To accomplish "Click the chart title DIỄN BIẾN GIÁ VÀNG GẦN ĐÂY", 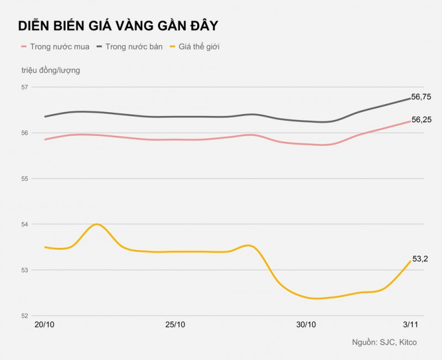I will pyautogui.click(x=118, y=26).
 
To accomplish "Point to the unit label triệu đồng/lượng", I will pyautogui.click(x=51, y=70).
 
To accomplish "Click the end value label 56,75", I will pyautogui.click(x=421, y=97).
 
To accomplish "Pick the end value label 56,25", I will pyautogui.click(x=421, y=119).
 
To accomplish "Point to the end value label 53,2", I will pyautogui.click(x=420, y=258).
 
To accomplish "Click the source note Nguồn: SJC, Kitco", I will pyautogui.click(x=385, y=342).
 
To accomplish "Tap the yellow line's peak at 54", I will pyautogui.click(x=97, y=224).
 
